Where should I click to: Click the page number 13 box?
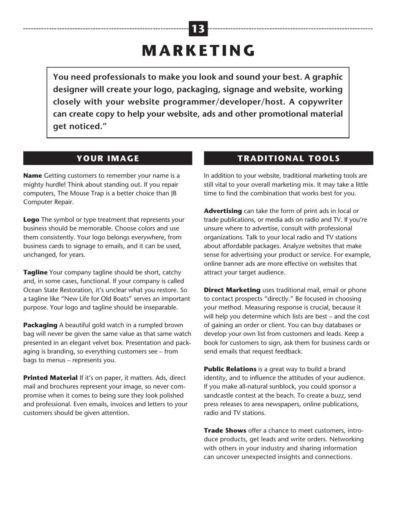click(198, 29)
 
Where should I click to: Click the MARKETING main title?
click(198, 51)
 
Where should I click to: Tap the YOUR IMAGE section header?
click(108, 159)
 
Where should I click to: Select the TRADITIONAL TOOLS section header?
click(288, 159)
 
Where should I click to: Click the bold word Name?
click(33, 176)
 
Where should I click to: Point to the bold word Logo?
click(31, 220)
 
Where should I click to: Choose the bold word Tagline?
click(35, 273)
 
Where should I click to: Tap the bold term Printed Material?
click(50, 378)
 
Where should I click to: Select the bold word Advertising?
click(223, 211)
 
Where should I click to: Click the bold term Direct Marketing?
click(232, 290)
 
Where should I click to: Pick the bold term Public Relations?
click(230, 369)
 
